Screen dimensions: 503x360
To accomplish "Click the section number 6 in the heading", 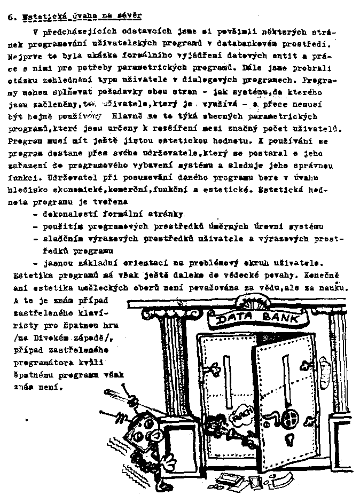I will [x=11, y=17].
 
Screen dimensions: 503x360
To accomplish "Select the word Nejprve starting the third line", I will [x=24, y=56].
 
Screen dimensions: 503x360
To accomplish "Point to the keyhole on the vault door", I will [x=291, y=440].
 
